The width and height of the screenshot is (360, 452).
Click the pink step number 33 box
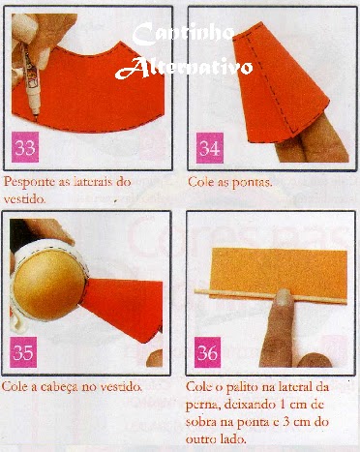(25, 147)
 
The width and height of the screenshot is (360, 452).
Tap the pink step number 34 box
(210, 148)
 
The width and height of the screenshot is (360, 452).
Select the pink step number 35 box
(23, 352)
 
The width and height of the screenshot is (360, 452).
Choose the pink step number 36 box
(207, 352)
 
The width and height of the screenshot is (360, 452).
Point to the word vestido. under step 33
(24, 199)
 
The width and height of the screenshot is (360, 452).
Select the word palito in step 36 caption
(240, 387)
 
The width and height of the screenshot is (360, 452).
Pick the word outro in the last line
(200, 439)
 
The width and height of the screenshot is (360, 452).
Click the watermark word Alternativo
(184, 68)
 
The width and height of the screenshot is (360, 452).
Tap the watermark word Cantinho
(183, 34)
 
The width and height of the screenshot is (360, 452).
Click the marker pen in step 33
(31, 80)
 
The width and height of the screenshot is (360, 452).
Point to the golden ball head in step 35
(49, 284)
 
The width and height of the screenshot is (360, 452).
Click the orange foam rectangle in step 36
(279, 273)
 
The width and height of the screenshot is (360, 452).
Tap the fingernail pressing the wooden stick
(283, 297)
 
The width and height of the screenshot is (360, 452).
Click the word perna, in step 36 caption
(201, 406)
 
